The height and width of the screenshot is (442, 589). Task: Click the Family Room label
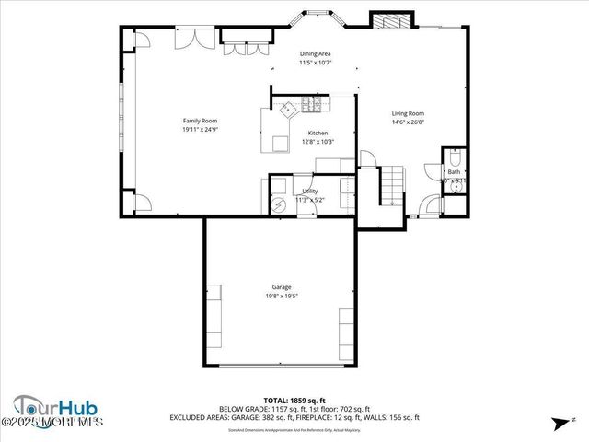tap(200, 120)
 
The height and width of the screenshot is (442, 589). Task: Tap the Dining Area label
tap(316, 54)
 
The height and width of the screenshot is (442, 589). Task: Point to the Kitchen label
tap(318, 133)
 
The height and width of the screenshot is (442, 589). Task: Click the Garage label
tap(282, 286)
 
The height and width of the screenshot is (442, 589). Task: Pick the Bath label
tap(454, 171)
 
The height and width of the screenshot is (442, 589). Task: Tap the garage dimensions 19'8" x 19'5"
tap(282, 296)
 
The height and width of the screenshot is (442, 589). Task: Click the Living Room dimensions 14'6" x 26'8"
tap(408, 122)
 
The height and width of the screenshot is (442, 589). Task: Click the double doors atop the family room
tap(196, 39)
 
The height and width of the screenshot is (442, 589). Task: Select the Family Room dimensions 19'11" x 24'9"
tap(200, 129)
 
